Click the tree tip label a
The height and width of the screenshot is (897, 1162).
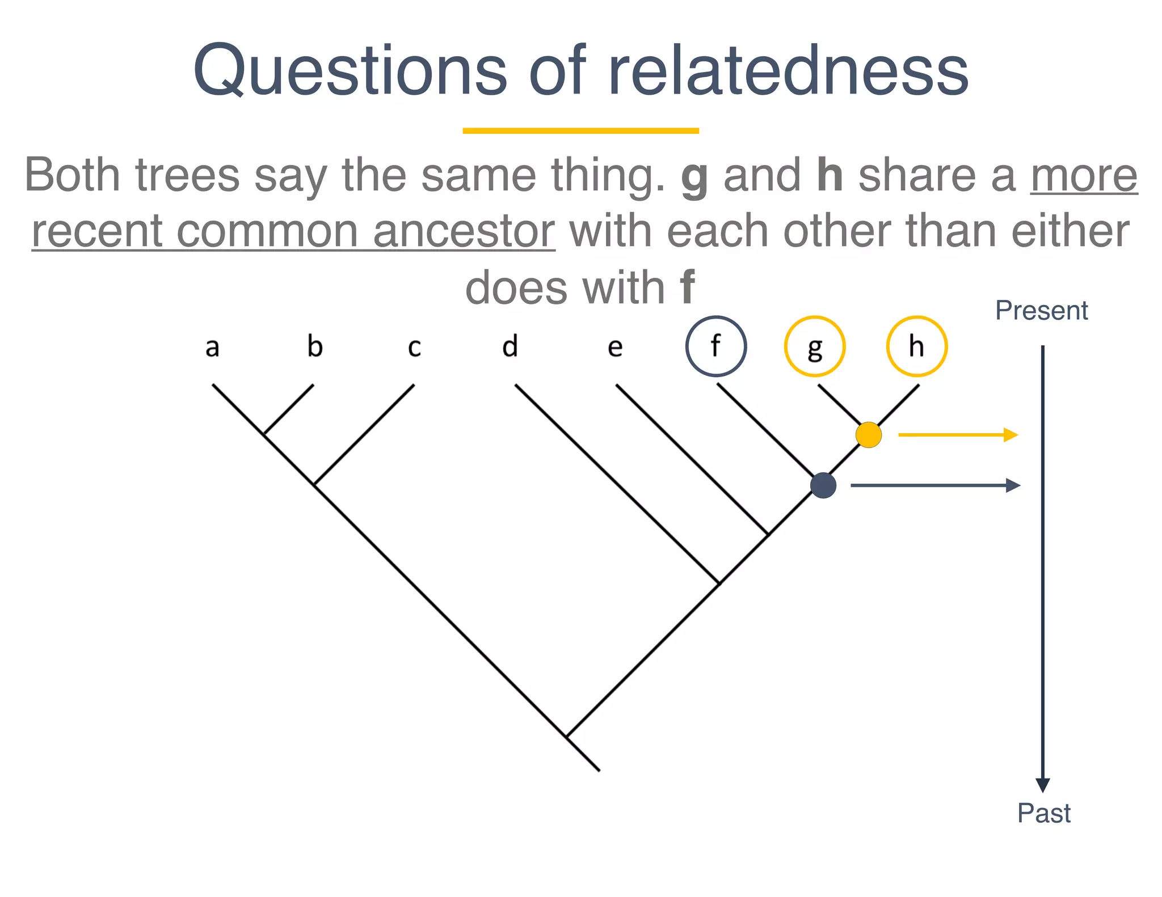pos(212,347)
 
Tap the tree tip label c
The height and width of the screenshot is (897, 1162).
pos(414,347)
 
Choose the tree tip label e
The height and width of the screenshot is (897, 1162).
pos(615,347)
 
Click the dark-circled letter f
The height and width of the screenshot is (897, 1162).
pos(716,346)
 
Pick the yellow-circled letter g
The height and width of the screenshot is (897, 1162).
pos(815,346)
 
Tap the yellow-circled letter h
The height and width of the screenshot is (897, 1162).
pos(916,346)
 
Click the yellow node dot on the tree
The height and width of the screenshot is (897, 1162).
pos(869,435)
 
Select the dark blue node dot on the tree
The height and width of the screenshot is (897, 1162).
pos(823,485)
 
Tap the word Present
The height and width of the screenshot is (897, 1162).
pos(1041,311)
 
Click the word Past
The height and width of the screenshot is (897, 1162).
pos(1043,813)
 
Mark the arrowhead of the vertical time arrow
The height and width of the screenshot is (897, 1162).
pos(1043,785)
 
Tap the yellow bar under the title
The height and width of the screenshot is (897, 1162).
pos(580,131)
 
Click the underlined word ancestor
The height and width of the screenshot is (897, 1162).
pos(464,231)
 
